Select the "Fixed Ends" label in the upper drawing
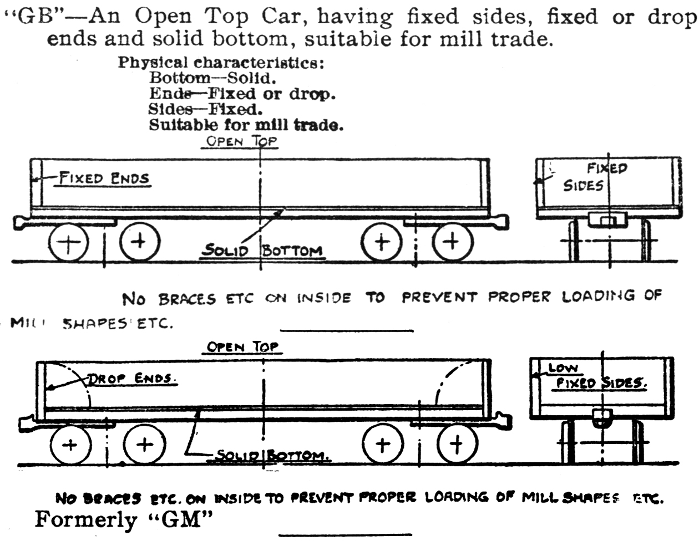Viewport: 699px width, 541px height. point(104,178)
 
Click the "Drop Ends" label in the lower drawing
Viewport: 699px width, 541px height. point(131,379)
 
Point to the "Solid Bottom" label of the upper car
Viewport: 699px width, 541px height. point(262,251)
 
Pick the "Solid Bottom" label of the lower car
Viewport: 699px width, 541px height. point(272,456)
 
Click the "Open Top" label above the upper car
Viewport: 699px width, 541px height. point(241,141)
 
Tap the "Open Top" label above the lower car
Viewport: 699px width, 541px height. point(242,347)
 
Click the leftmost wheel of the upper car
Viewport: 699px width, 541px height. point(68,243)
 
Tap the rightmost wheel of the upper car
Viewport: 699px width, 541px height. point(453,242)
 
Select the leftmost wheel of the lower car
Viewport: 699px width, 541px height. point(70,445)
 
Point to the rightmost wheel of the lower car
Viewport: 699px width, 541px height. point(457,443)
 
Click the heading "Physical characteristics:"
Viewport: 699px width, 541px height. point(221,62)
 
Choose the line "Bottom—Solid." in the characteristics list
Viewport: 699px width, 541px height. point(212,78)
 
